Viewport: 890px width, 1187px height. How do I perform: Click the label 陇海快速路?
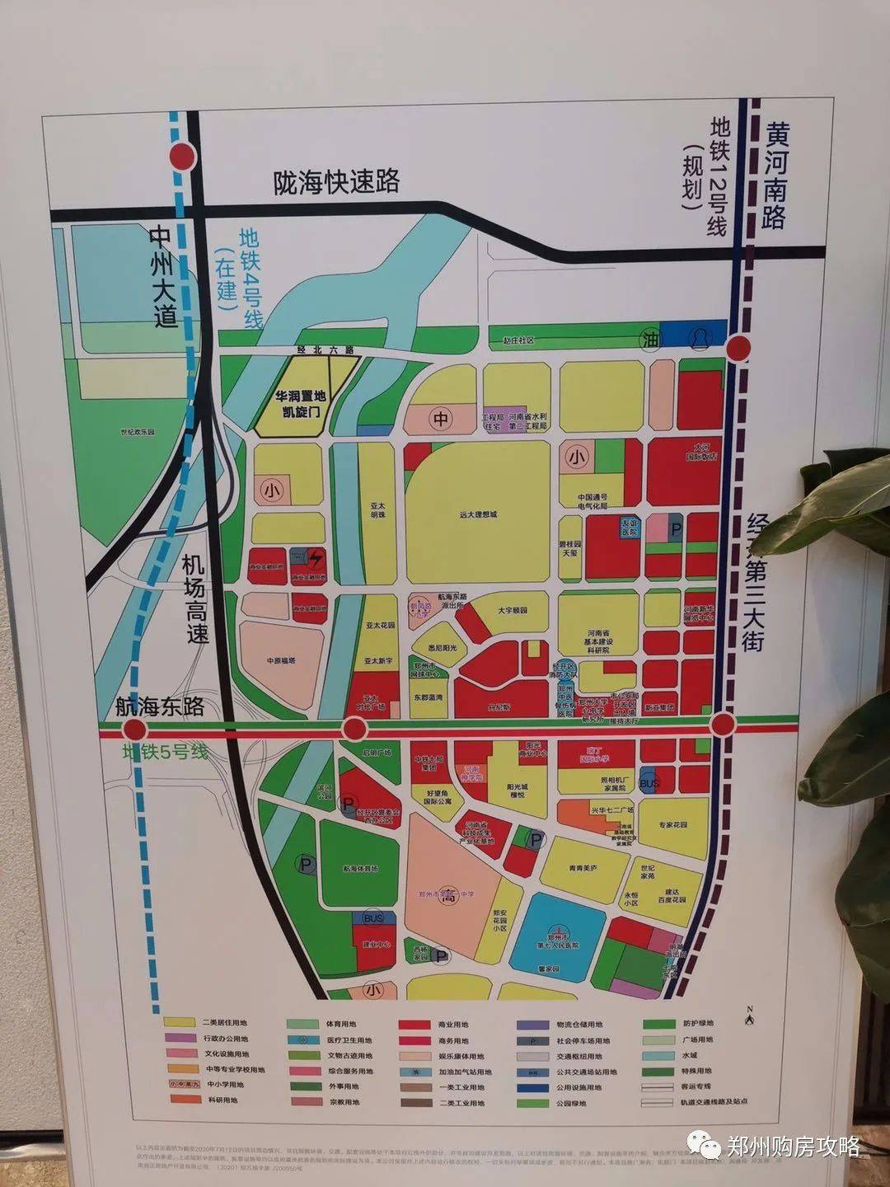[x=337, y=181]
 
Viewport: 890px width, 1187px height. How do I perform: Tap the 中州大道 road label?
[x=165, y=277]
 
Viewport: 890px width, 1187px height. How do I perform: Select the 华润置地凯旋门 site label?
[x=301, y=402]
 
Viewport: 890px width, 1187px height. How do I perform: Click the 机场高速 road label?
[x=195, y=599]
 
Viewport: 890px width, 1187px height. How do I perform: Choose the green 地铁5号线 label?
[x=165, y=752]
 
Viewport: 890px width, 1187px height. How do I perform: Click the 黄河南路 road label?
[x=775, y=176]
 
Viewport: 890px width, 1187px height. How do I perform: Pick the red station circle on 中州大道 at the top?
[x=182, y=156]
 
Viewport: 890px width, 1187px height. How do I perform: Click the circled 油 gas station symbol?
[x=652, y=340]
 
